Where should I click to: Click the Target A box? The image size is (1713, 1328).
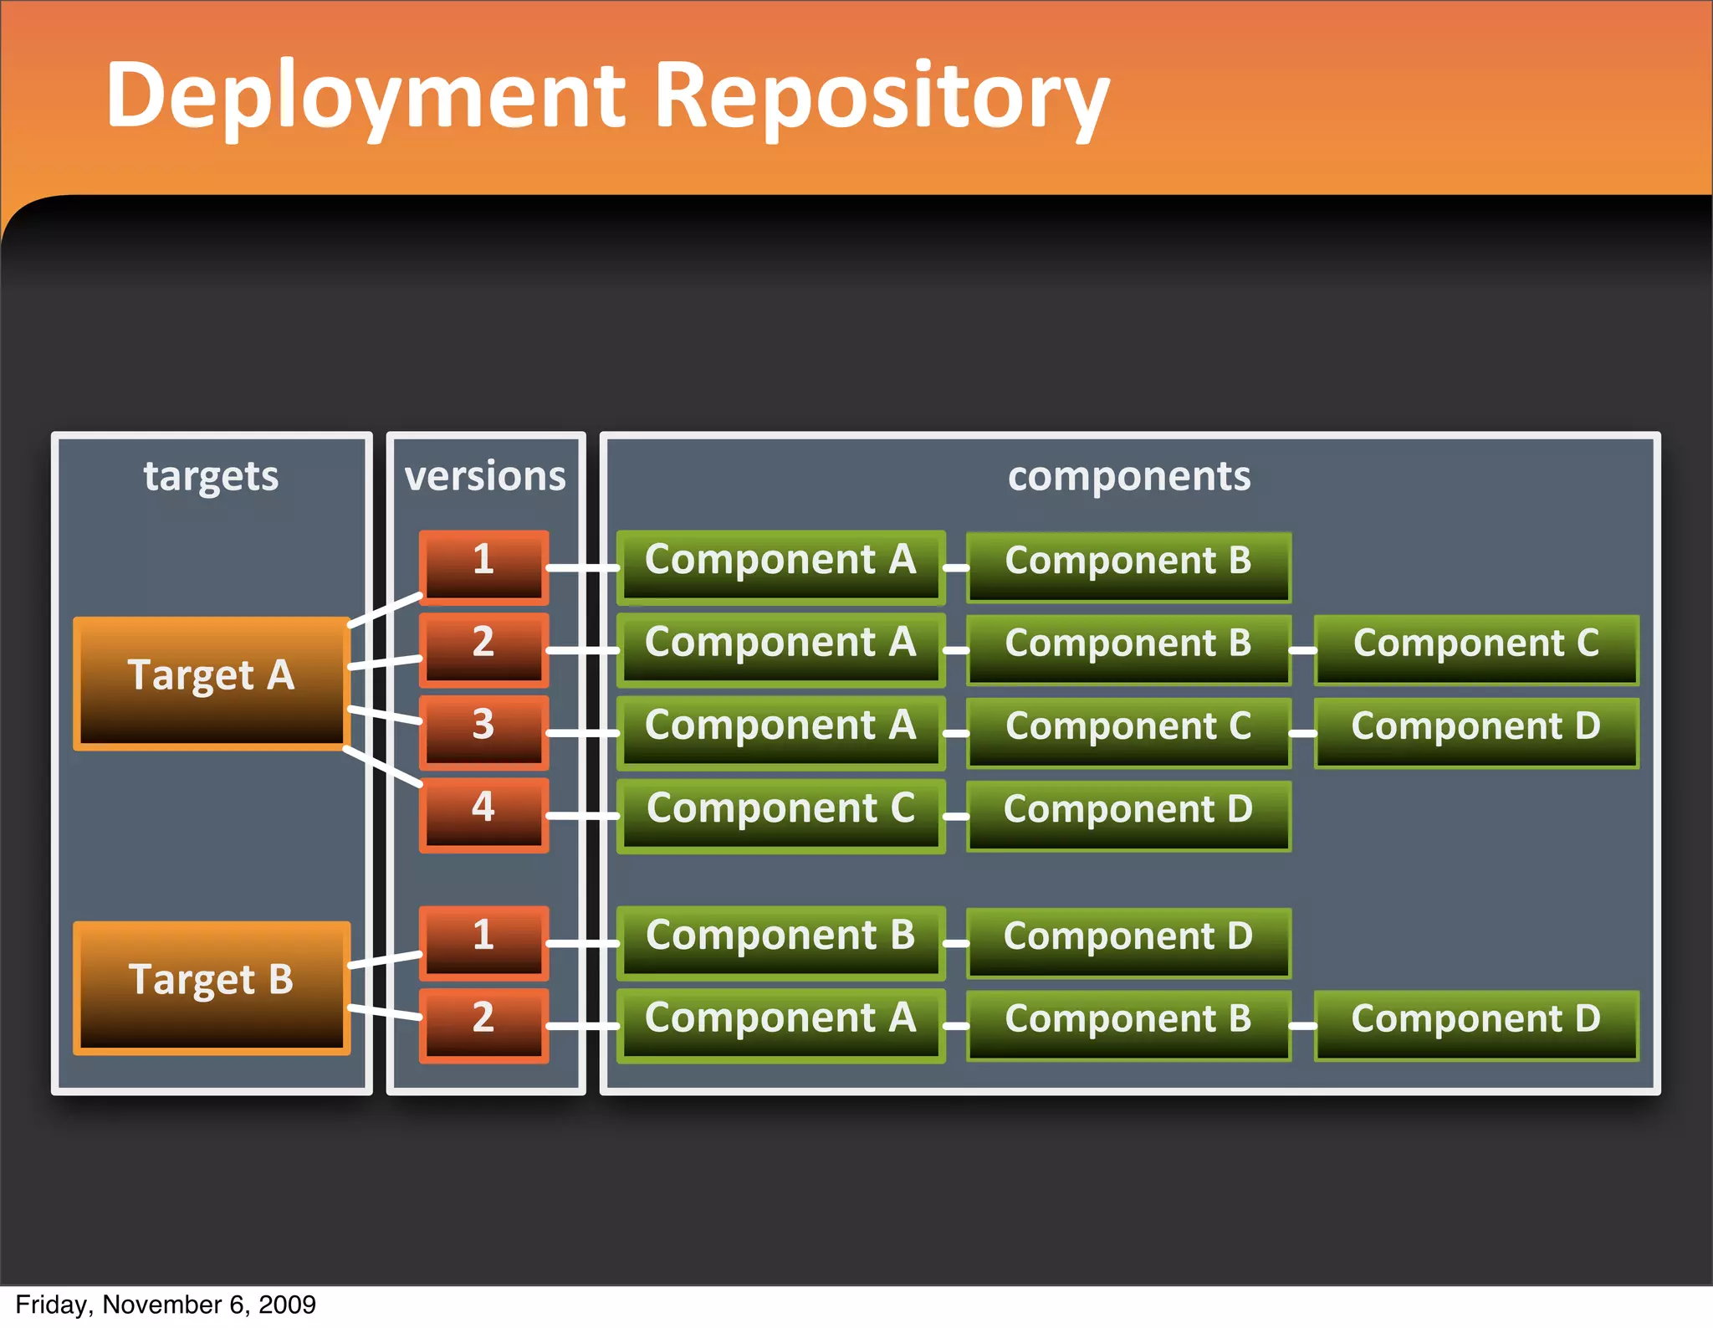click(211, 682)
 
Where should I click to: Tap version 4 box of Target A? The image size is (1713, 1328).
click(483, 814)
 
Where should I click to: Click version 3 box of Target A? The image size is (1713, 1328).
click(483, 731)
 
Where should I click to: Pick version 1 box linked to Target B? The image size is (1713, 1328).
click(483, 941)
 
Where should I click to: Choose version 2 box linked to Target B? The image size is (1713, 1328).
click(483, 1024)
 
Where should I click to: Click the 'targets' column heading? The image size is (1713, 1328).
click(211, 476)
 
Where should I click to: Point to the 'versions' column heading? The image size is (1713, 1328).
click(485, 476)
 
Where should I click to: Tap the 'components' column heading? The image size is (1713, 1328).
click(1128, 476)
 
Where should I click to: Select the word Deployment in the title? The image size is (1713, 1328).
click(366, 96)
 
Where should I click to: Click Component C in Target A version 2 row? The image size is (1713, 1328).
click(1475, 649)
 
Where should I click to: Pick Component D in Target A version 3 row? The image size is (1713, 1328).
click(1475, 732)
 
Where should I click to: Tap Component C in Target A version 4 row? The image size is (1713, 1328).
click(780, 815)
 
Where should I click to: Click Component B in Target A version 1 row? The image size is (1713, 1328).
click(1128, 567)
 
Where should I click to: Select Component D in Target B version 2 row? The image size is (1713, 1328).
click(1475, 1024)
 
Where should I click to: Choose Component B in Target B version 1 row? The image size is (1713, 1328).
click(780, 941)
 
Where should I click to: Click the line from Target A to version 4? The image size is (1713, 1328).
click(383, 767)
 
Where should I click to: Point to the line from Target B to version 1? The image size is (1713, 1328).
click(385, 960)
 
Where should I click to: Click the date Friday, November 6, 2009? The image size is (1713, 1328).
click(166, 1305)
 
